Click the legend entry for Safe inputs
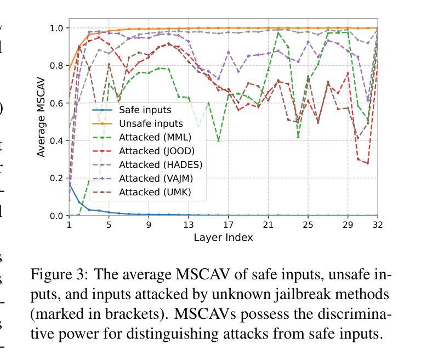pyautogui.click(x=145, y=110)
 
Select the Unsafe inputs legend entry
pyautogui.click(x=150, y=124)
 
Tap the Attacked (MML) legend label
pyautogui.click(x=155, y=138)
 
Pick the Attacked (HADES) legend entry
pyautogui.click(x=160, y=165)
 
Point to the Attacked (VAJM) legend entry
pyautogui.click(x=156, y=178)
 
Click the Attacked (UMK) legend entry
pyautogui.click(x=155, y=192)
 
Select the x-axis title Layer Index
pyautogui.click(x=223, y=238)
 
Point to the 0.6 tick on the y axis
pyautogui.click(x=57, y=103)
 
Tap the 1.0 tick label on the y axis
pyautogui.click(x=57, y=28)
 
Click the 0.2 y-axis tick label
pyautogui.click(x=57, y=178)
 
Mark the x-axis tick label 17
pyautogui.click(x=228, y=224)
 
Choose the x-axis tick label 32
pyautogui.click(x=377, y=224)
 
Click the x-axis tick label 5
pyautogui.click(x=109, y=224)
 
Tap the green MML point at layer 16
pyautogui.click(x=218, y=140)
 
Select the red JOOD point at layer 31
pyautogui.click(x=367, y=164)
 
